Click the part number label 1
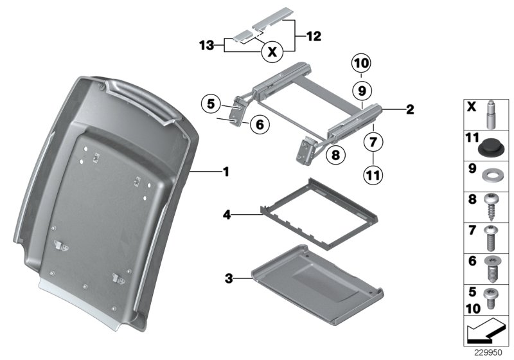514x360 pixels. click(x=226, y=172)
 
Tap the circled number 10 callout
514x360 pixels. click(x=361, y=64)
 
